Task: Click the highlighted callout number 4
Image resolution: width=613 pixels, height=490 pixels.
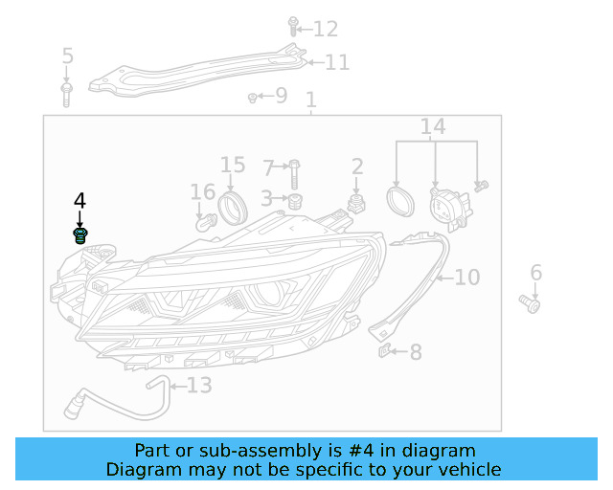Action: click(79, 200)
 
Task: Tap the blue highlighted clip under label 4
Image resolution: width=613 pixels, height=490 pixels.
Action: click(80, 234)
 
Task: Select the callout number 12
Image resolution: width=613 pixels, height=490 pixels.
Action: click(326, 30)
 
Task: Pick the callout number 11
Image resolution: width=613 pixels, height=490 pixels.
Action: click(336, 63)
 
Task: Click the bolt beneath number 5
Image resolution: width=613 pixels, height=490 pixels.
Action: click(67, 94)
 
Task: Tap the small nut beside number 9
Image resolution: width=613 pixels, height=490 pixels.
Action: click(252, 97)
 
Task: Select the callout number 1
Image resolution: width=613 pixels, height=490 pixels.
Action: click(310, 100)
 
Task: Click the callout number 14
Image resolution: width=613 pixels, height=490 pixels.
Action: click(433, 126)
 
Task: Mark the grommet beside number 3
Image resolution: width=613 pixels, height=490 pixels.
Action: click(295, 201)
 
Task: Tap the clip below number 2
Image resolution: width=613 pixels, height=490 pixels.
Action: click(357, 202)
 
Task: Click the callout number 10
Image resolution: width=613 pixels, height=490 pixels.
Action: click(466, 278)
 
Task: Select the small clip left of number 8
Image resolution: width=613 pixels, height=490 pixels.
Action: click(385, 351)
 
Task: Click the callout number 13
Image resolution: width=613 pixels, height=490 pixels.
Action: click(198, 386)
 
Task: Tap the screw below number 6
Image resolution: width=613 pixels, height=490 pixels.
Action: click(531, 303)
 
